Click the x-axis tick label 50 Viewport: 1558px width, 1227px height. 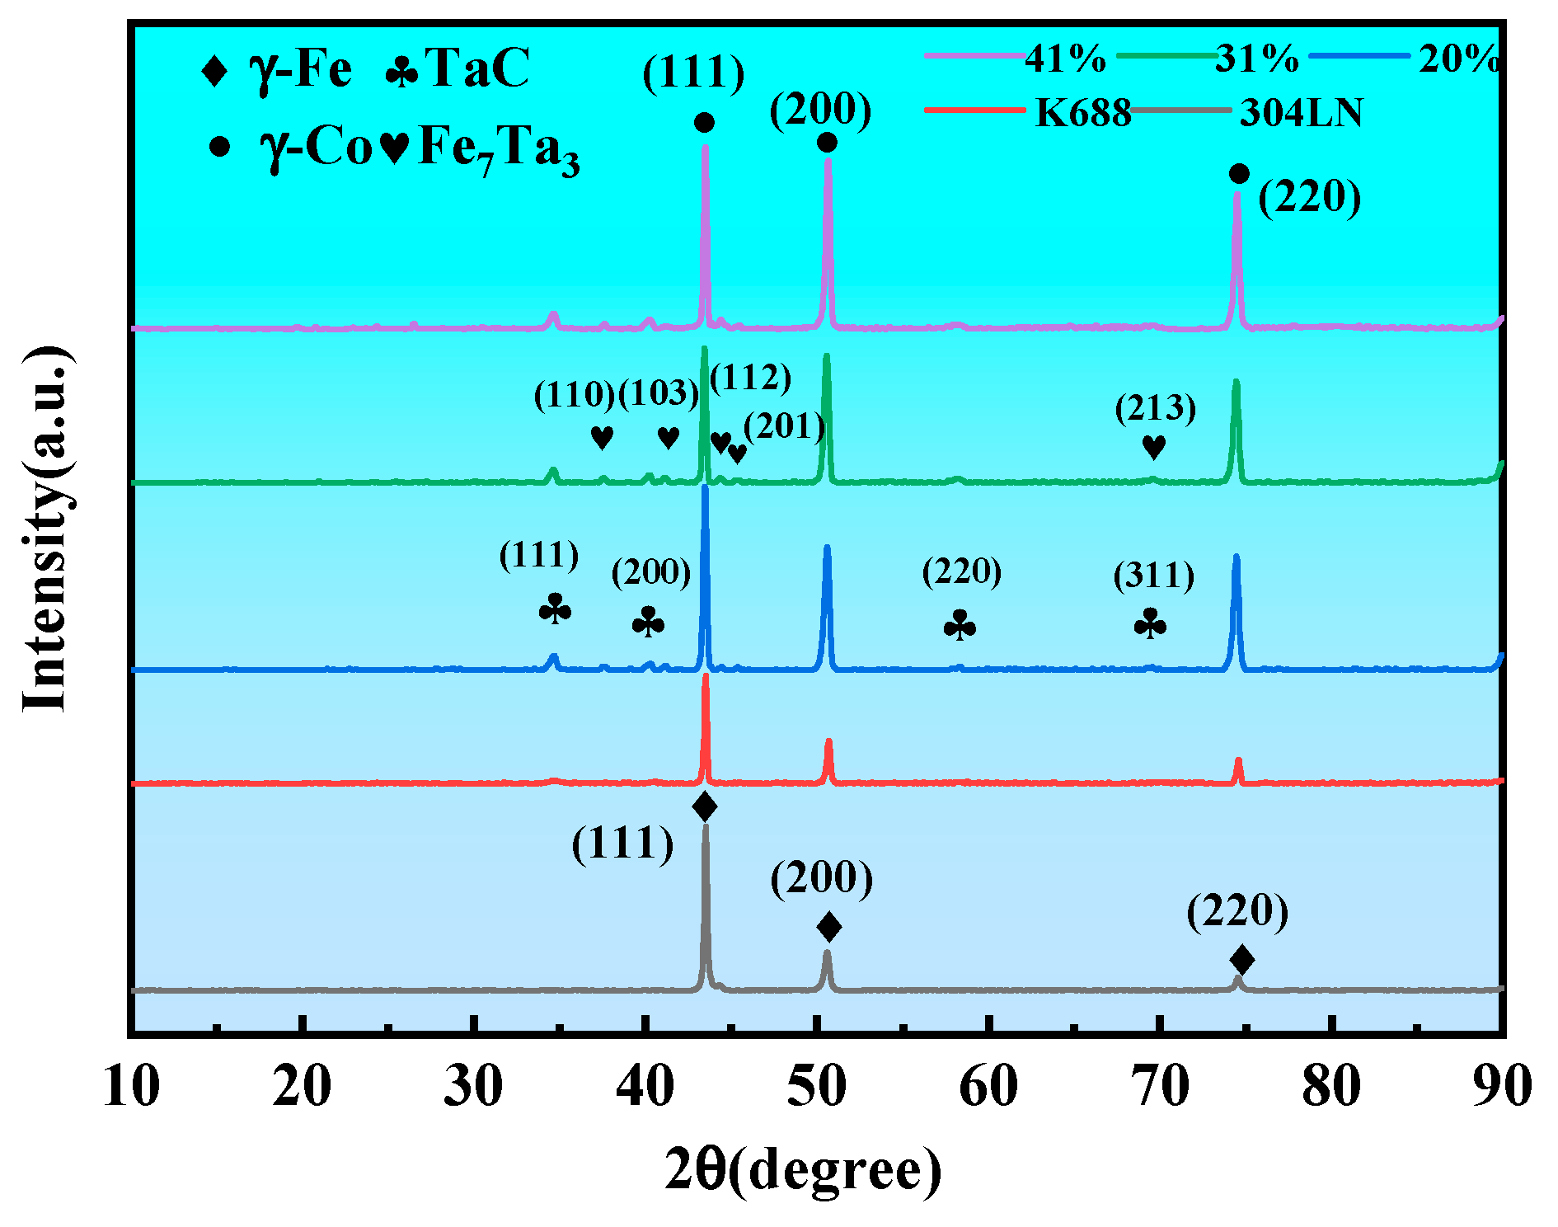(817, 1087)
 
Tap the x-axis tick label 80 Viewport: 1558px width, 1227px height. (1331, 1087)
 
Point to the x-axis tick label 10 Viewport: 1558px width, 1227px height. (132, 1087)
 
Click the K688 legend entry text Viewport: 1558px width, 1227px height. (1083, 113)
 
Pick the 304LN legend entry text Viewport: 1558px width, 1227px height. (1302, 113)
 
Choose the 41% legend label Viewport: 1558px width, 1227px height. (1065, 59)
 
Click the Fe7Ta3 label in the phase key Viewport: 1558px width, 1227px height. (499, 149)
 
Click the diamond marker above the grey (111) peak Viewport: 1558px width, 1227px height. (705, 806)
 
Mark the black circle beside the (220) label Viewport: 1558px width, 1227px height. (1239, 174)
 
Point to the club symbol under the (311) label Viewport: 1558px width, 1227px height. (1150, 624)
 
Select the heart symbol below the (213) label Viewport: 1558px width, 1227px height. (1154, 448)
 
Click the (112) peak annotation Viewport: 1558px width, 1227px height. (750, 378)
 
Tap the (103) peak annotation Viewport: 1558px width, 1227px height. (658, 393)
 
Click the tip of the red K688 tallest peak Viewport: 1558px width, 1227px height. (705, 676)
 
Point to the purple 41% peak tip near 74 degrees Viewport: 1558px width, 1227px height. (1237, 194)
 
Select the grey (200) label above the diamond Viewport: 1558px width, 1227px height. (822, 877)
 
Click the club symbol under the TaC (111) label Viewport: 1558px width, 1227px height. (555, 610)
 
